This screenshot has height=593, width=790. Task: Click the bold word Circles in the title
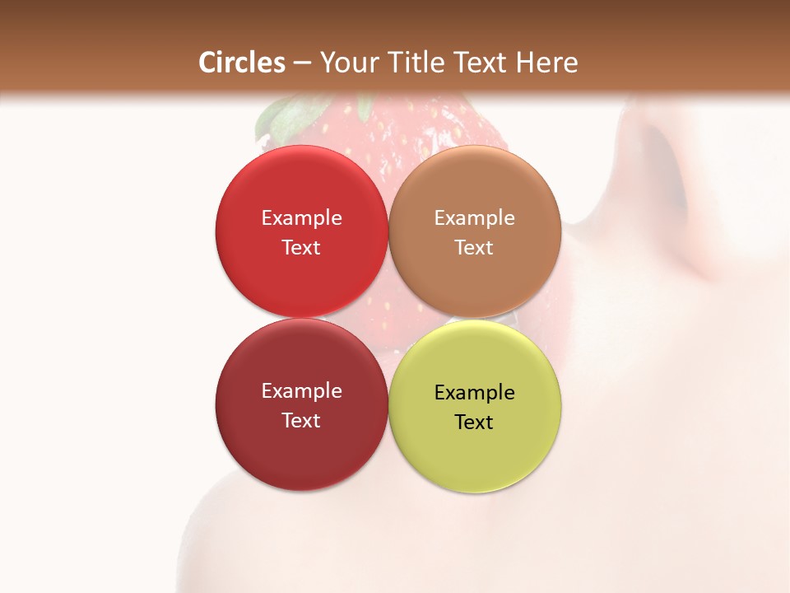point(242,63)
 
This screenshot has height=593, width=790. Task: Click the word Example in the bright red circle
point(301,218)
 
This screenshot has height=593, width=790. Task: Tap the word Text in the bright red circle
point(301,248)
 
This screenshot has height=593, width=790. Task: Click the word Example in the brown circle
point(474,218)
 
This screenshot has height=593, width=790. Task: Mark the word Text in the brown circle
point(474,248)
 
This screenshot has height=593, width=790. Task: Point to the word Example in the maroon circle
point(301,391)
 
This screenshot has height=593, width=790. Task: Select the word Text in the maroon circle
point(301,421)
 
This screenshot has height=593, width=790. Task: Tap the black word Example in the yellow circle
point(474,393)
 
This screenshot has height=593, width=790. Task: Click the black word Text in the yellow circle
point(474,423)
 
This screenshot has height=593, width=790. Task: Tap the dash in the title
point(303,63)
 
